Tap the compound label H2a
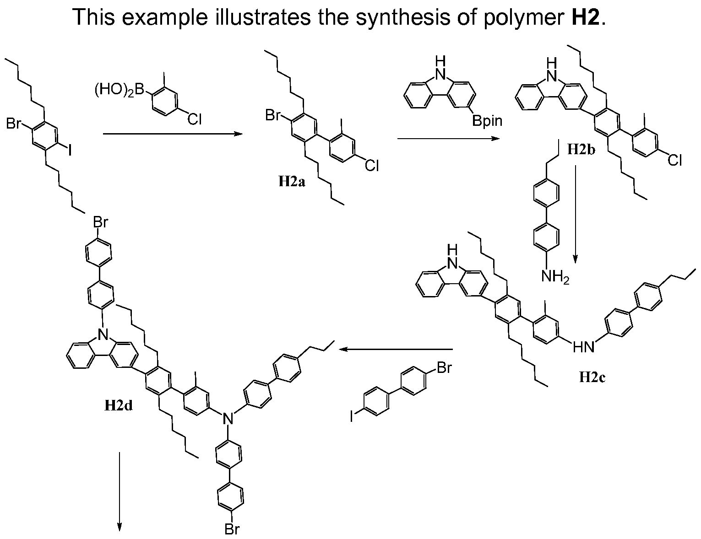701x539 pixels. click(292, 182)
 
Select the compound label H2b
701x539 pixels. click(581, 150)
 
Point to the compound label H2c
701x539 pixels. click(592, 377)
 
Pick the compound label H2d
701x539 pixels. click(119, 405)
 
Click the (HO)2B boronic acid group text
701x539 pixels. click(120, 90)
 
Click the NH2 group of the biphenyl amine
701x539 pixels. click(555, 276)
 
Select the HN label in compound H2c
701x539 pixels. click(584, 347)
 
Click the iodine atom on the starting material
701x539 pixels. click(69, 150)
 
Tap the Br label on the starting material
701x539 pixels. click(14, 123)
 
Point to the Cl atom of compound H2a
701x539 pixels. click(372, 166)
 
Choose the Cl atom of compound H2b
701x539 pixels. click(674, 160)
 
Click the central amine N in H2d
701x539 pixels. click(228, 419)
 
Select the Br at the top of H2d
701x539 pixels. click(100, 222)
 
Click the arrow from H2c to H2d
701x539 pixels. click(396, 349)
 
